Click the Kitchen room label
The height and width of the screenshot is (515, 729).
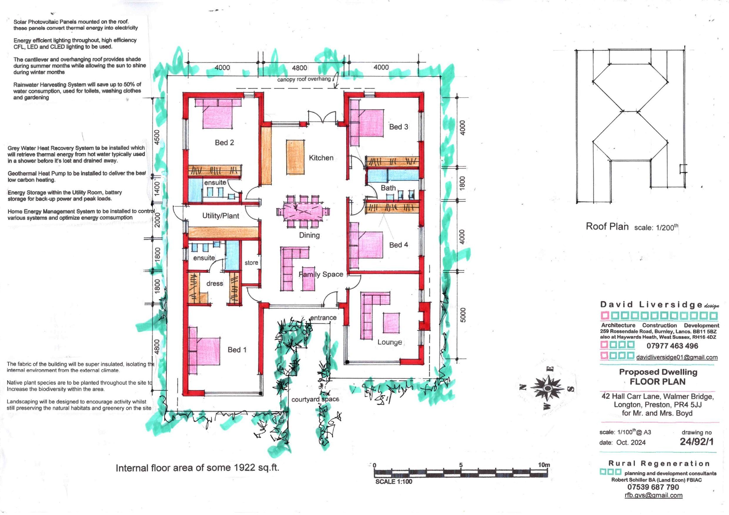pos(321,158)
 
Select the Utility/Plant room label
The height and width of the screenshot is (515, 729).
pos(221,216)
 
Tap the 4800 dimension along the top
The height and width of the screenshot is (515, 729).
pos(300,68)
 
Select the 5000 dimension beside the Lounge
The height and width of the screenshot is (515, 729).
pos(463,315)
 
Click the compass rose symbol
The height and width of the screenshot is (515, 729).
pos(547,388)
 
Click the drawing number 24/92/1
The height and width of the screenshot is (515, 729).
pos(696,442)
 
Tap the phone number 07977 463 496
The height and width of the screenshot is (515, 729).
pos(672,346)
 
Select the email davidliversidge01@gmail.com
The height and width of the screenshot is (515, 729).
pos(677,357)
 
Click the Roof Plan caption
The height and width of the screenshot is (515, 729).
pos(607,227)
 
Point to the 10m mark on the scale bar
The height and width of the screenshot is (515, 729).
pos(544,465)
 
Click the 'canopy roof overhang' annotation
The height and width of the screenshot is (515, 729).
pos(304,79)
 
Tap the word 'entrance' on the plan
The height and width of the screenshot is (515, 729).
pos(323,318)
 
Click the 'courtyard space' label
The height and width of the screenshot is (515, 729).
pos(315,399)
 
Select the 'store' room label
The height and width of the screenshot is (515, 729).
pos(251,263)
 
